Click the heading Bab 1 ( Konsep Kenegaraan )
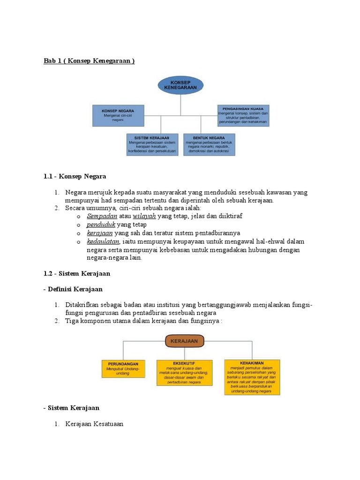pos(89,61)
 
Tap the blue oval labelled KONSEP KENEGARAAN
pos(180,85)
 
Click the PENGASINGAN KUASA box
pos(243,115)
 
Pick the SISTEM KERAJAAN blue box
pos(152,144)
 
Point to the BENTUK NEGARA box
pos(209,144)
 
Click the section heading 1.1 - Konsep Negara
pos(75,176)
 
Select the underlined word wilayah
pos(144,216)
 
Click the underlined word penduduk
pos(101,224)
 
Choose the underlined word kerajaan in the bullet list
pos(100,232)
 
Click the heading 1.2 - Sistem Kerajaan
pos(77,273)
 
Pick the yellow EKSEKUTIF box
pos(184,373)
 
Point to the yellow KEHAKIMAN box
pos(252,376)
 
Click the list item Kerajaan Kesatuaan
pos(94,424)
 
